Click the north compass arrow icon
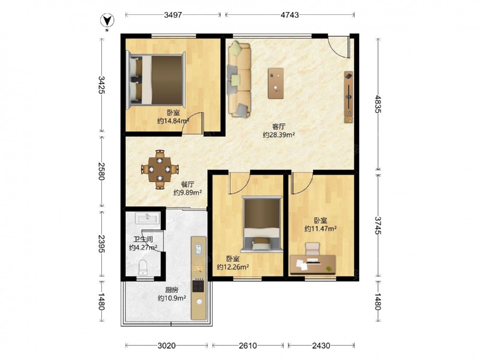click(107, 21)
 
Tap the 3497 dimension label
click(173, 15)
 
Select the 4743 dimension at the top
click(289, 15)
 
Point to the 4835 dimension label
click(378, 104)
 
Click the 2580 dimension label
click(101, 171)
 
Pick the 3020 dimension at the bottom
click(167, 346)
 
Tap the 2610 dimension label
click(248, 346)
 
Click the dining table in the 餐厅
click(159, 169)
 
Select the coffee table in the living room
click(276, 83)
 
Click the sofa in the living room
click(239, 80)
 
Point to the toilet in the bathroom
click(143, 267)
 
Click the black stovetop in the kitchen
click(198, 285)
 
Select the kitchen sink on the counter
click(199, 249)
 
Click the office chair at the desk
click(312, 249)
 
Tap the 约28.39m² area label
click(278, 135)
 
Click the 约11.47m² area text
click(321, 228)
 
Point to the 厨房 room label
click(172, 290)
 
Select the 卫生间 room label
click(143, 240)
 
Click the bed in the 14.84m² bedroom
click(156, 80)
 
